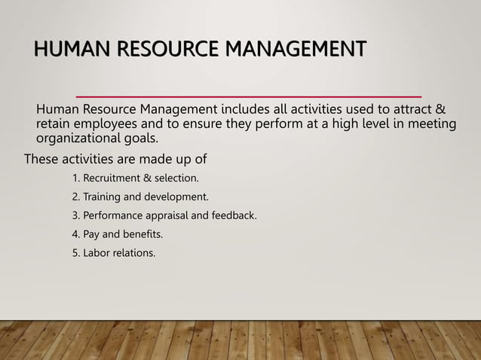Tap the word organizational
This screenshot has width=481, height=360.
coord(78,139)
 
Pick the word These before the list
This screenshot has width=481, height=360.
coord(42,159)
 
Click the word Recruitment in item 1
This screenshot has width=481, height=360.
coord(113,179)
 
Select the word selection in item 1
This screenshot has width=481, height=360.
coord(177,179)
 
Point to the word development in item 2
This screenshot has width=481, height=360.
coord(176,197)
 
